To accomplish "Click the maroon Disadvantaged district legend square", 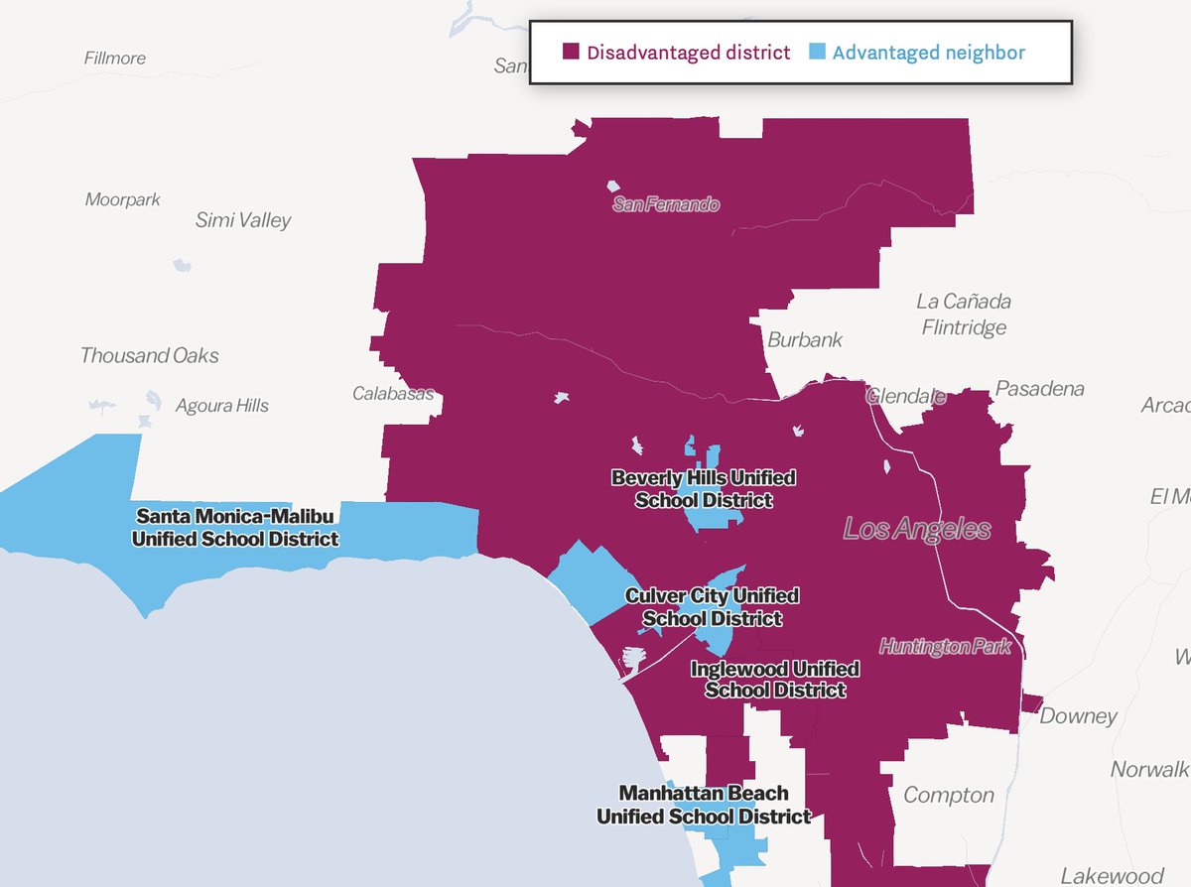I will coord(571,53).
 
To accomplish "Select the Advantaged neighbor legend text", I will coord(928,53).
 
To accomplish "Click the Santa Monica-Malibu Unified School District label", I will coord(235,528).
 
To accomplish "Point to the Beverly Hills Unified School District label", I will coord(704,489).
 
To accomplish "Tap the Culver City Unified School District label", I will coord(712,607).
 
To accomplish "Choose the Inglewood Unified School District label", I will coord(775,680).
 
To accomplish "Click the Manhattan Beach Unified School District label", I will coord(704,805).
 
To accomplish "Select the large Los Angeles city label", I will coord(916,529).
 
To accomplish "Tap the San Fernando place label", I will coord(666,204).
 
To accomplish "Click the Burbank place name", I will coord(805,339).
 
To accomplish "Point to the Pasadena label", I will coord(1040,388).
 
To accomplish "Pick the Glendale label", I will coord(906,396).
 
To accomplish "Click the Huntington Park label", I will coord(945,647).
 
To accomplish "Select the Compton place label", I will coord(948,795).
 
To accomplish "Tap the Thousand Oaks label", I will coord(150,355).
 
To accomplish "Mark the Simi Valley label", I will coord(243,220).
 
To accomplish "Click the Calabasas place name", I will coord(393,394).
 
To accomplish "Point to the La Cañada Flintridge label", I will coord(963,314).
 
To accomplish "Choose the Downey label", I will coord(1078,715).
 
